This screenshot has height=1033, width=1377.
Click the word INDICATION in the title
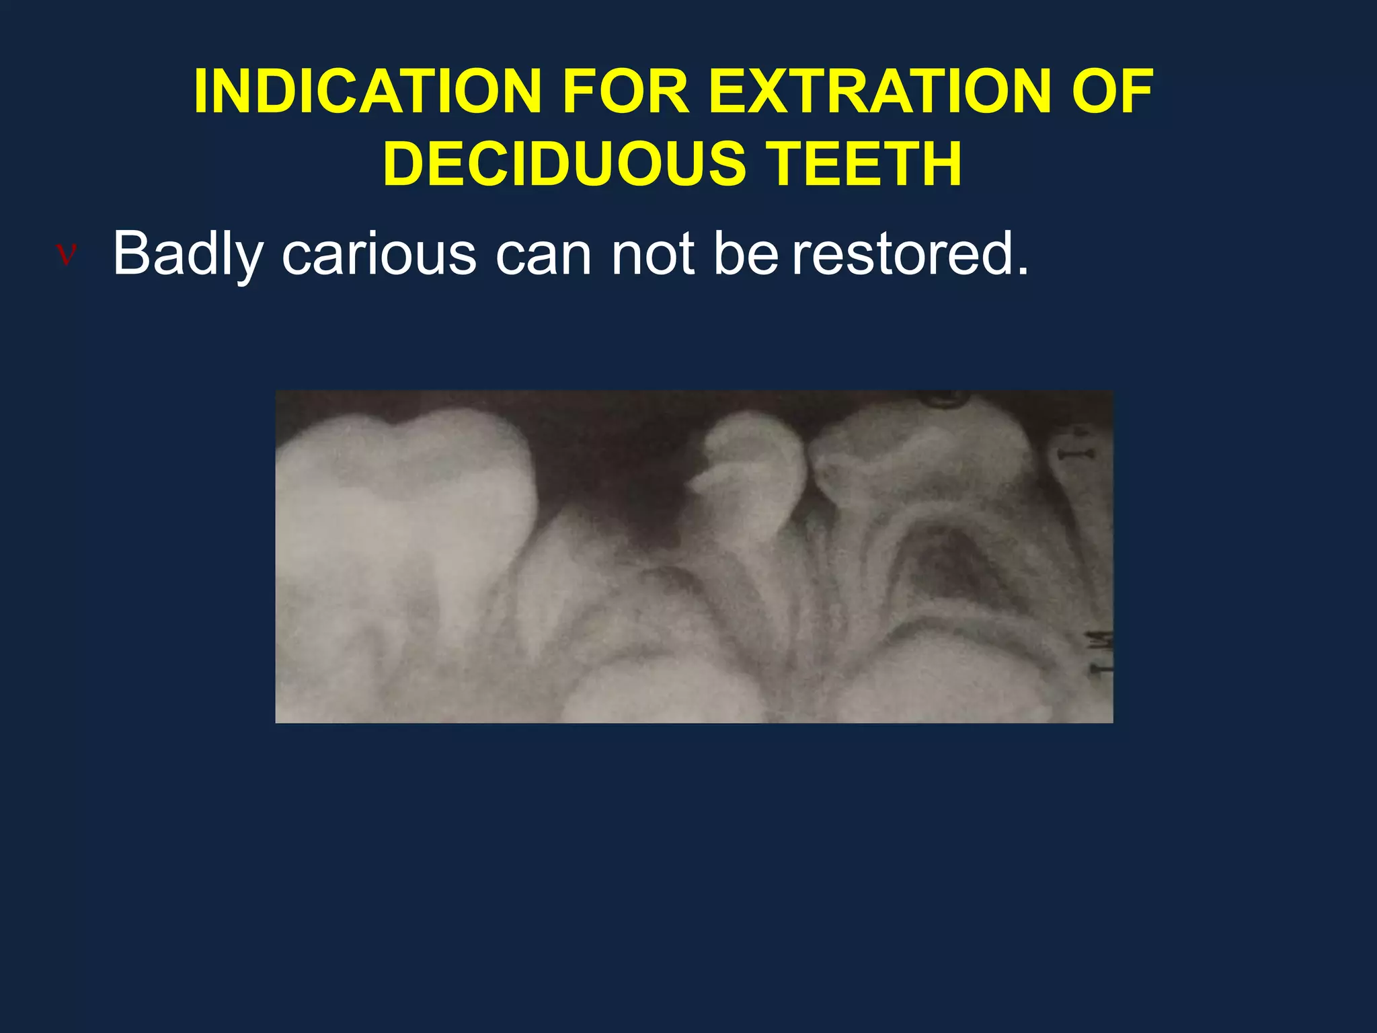tap(367, 92)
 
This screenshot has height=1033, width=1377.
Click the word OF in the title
tap(1113, 92)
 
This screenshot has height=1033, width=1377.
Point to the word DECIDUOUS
tap(564, 163)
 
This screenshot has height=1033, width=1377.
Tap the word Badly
tap(188, 255)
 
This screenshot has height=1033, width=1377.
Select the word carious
tap(379, 255)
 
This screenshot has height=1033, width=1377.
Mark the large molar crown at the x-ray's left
tap(403, 471)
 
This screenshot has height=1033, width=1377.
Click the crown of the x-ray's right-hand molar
tap(921, 457)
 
